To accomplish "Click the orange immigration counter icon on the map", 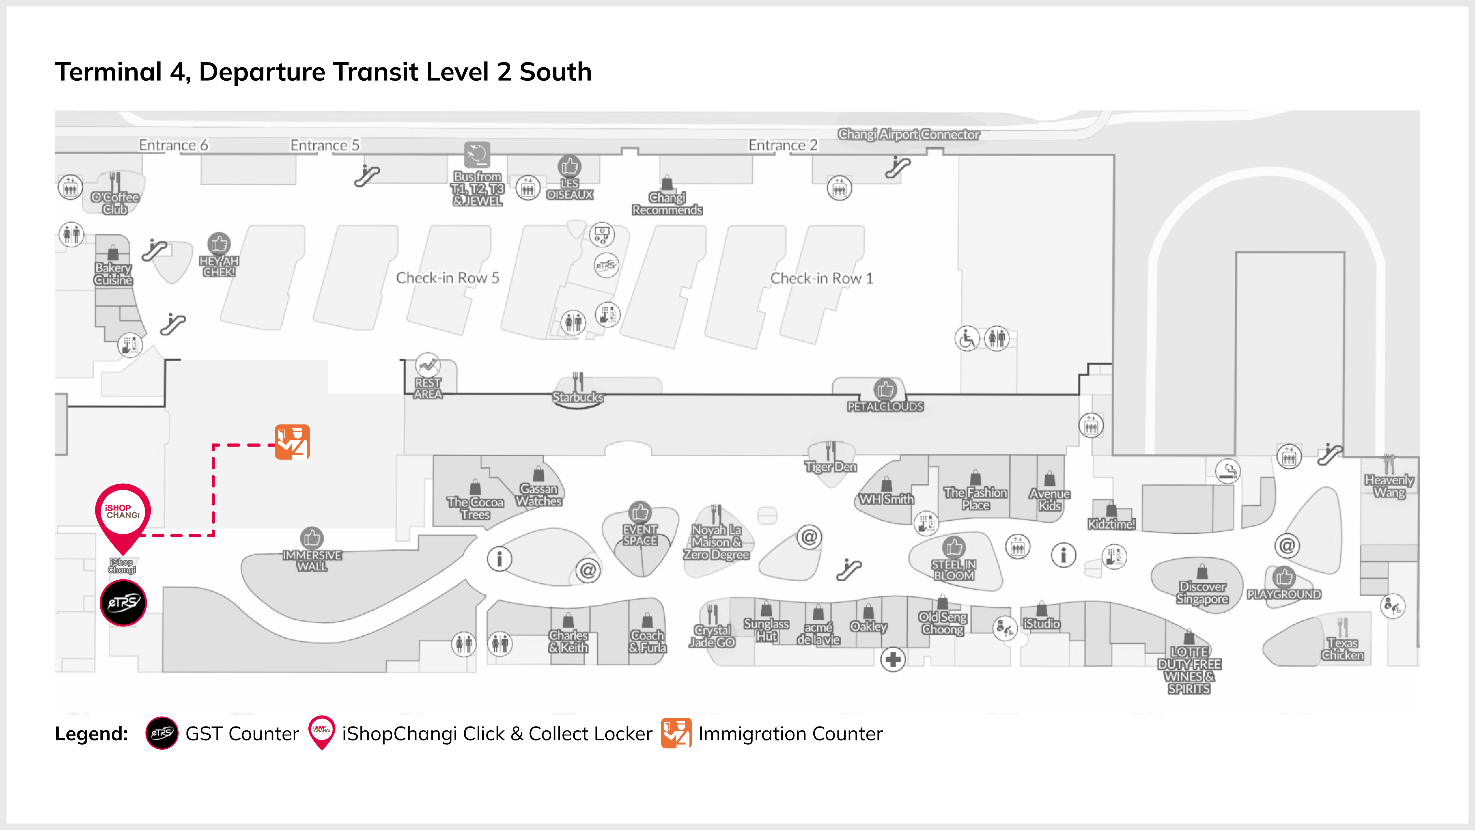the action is coord(293,442).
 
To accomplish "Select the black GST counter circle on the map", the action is coord(123,603).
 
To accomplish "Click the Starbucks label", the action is coord(578,397).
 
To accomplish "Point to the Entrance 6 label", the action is coord(174,145).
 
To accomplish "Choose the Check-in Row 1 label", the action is coord(822,278).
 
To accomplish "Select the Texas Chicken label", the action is coord(1343,649).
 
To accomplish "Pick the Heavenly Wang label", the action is coord(1389,487).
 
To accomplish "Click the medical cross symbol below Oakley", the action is coord(893,660).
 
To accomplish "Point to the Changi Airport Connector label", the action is coord(909,134).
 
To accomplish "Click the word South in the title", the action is coord(555,72).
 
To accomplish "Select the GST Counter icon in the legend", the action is coord(162,733).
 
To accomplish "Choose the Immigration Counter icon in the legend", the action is coord(676,733).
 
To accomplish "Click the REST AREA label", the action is coord(428,388).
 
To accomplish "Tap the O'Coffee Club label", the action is coord(115,203).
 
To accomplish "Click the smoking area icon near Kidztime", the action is coord(1228,471).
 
